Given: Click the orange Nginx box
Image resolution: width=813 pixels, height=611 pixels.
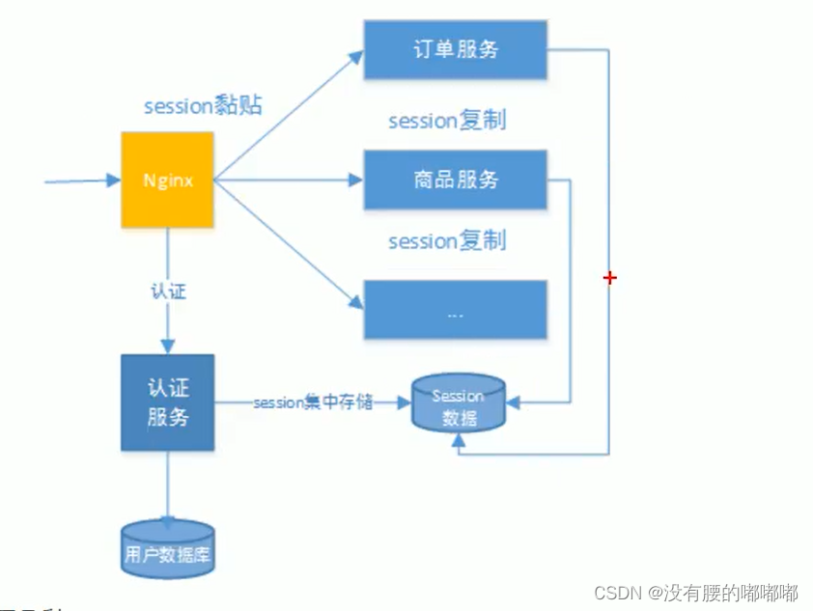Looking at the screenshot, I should [166, 181].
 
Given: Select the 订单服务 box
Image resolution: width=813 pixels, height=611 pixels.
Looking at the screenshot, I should [455, 49].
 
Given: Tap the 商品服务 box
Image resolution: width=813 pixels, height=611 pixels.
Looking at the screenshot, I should [455, 180].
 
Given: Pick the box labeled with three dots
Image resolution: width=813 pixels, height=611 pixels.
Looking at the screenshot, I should [455, 310].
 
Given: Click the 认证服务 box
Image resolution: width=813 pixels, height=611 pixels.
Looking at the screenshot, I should [166, 403].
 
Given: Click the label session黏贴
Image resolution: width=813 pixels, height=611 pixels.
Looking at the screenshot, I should [203, 106].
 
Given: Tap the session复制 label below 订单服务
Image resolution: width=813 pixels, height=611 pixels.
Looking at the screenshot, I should [447, 121].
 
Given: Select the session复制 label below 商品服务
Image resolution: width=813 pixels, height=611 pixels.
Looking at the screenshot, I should [447, 240].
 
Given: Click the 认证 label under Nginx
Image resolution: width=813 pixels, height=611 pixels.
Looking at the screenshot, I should [167, 292].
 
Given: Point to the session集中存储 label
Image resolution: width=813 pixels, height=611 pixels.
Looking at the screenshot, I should [313, 403].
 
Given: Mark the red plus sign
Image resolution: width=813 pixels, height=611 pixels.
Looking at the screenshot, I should [609, 278].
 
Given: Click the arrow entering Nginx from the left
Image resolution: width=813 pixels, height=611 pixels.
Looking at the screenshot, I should [82, 181].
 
